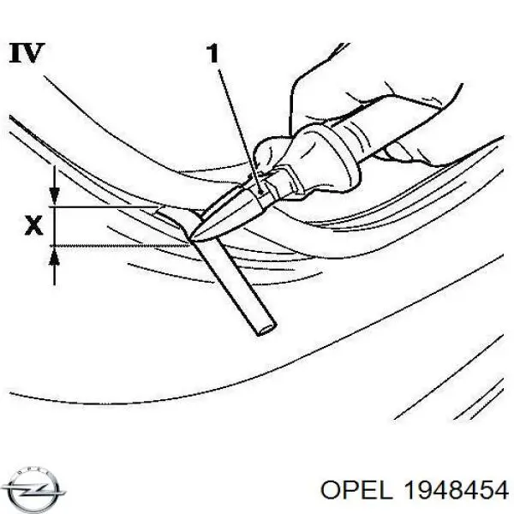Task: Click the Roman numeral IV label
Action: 27,53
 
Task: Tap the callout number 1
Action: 212,53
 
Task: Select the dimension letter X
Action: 34,225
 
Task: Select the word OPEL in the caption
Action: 356,491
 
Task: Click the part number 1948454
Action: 457,491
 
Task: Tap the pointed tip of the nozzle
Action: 191,239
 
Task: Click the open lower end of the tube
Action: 266,329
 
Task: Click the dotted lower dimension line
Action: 120,245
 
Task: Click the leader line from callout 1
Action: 239,132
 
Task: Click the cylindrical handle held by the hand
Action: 393,128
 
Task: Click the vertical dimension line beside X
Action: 55,226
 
